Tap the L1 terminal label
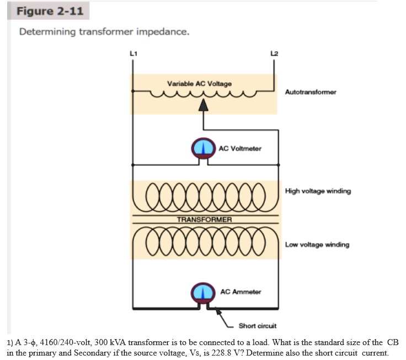pos(132,53)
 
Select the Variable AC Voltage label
pos(199,83)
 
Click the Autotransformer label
pos(311,92)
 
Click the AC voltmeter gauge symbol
pos(204,148)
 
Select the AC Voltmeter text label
pos(240,148)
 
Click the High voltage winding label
pos(318,191)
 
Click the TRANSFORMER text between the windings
pos(204,219)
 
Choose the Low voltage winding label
pos(317,244)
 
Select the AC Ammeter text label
pos(241,291)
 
